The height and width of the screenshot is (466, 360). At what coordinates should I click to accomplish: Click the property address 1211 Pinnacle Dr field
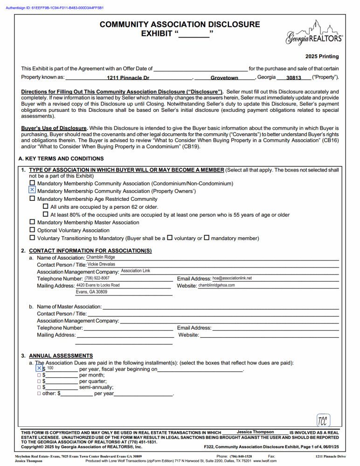click(128, 78)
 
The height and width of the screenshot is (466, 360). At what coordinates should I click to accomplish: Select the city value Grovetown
click(224, 78)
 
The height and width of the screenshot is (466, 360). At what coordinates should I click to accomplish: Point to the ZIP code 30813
click(294, 78)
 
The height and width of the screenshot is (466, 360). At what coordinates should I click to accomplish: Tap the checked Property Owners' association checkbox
click(32, 191)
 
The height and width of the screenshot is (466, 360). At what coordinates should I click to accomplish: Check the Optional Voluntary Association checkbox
click(32, 230)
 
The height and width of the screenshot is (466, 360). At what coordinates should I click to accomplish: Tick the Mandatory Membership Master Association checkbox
click(32, 222)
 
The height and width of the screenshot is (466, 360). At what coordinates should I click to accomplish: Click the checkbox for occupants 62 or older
click(46, 206)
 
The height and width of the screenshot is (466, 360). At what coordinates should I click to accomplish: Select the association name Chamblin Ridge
click(100, 257)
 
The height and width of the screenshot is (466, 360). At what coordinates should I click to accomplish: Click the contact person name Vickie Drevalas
click(101, 264)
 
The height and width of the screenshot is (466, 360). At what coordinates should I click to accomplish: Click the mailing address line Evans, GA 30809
click(91, 292)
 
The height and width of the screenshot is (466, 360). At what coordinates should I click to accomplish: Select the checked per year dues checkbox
click(39, 368)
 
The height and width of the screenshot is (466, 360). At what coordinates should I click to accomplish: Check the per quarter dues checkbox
click(39, 381)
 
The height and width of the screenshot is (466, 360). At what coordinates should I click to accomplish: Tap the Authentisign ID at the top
click(55, 8)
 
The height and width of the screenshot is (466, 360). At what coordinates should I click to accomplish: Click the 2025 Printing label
click(322, 56)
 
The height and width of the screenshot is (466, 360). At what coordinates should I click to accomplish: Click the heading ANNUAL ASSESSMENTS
click(61, 356)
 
